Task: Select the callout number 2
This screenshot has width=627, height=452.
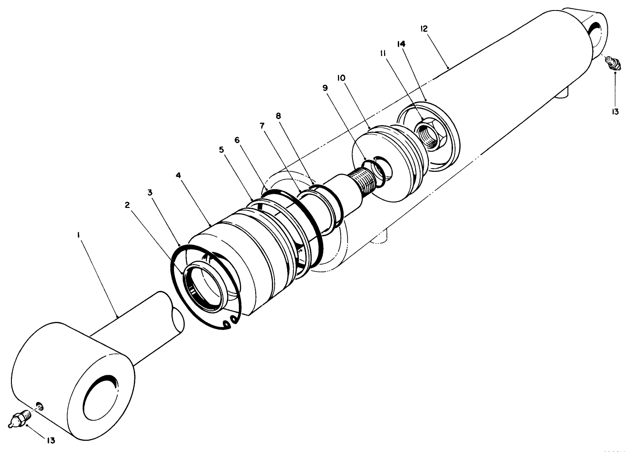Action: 127,205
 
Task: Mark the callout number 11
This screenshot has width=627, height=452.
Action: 383,53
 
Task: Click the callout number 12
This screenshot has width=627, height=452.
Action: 423,28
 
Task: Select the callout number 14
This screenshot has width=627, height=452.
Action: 401,44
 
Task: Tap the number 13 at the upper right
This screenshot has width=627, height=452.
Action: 615,112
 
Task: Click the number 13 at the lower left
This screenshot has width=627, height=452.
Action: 51,440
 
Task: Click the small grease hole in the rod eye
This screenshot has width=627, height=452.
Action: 40,405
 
